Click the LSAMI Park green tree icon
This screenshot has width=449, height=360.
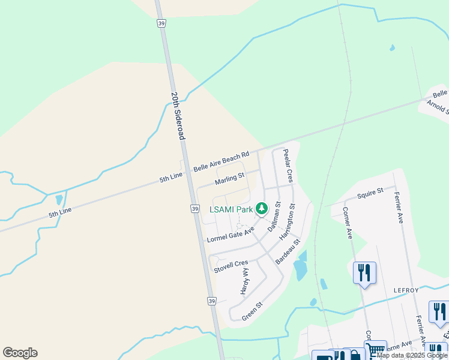pyautogui.click(x=262, y=208)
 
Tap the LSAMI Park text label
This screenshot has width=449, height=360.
pyautogui.click(x=231, y=209)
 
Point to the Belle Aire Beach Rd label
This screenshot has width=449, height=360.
pyautogui.click(x=221, y=162)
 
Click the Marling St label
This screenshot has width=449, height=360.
pyautogui.click(x=230, y=178)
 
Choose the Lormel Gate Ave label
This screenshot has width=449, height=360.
pyautogui.click(x=231, y=234)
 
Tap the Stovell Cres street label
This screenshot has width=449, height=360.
pyautogui.click(x=231, y=266)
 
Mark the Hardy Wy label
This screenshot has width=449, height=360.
pyautogui.click(x=245, y=281)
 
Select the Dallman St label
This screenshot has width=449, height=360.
pyautogui.click(x=274, y=217)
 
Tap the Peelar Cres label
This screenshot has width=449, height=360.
pyautogui.click(x=288, y=166)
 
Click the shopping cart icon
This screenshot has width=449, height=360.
pyautogui.click(x=376, y=350)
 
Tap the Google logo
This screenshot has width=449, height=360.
pyautogui.click(x=20, y=353)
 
